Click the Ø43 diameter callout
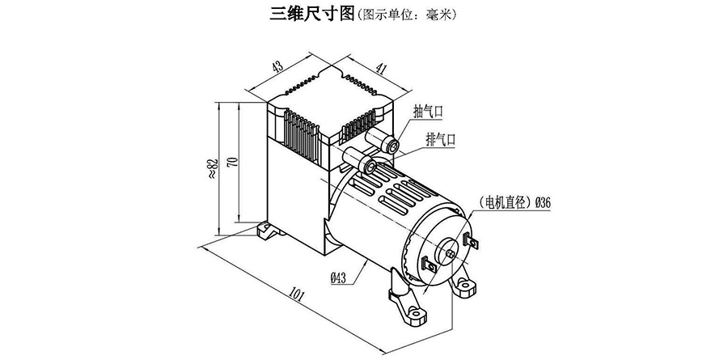[338, 278]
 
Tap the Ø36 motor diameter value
[543, 203]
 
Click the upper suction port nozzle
[392, 146]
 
